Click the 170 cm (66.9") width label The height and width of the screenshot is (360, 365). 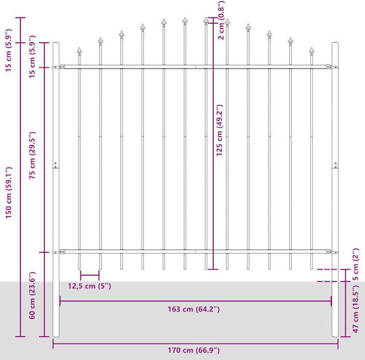coord(194,350)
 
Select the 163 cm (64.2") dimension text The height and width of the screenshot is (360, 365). coord(194,309)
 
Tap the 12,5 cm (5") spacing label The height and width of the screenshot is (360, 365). coord(89,286)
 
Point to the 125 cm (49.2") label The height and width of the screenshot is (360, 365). coord(219,130)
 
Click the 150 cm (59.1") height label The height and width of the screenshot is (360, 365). coord(8,192)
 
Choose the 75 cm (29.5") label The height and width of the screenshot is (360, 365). coord(32,155)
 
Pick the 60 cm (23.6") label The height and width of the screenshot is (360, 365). coord(32,295)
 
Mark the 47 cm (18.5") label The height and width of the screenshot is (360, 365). coord(356,309)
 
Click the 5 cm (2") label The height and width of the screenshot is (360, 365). coord(356,264)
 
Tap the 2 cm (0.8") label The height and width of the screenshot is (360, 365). coord(221,20)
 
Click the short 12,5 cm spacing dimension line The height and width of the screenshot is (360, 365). coord(90,276)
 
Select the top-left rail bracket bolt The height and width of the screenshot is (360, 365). coord(62,67)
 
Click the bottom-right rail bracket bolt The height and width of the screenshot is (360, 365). coord(328,252)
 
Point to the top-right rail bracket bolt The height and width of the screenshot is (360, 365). coord(328,67)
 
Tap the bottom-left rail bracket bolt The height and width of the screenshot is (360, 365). coord(62,252)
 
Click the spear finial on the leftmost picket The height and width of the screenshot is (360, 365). coord(79,51)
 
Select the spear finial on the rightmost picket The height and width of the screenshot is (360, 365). coord(312,51)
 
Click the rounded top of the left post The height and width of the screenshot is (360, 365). coord(56,43)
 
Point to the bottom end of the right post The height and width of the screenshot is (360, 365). coord(335,336)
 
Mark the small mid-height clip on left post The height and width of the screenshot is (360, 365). coord(55,165)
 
